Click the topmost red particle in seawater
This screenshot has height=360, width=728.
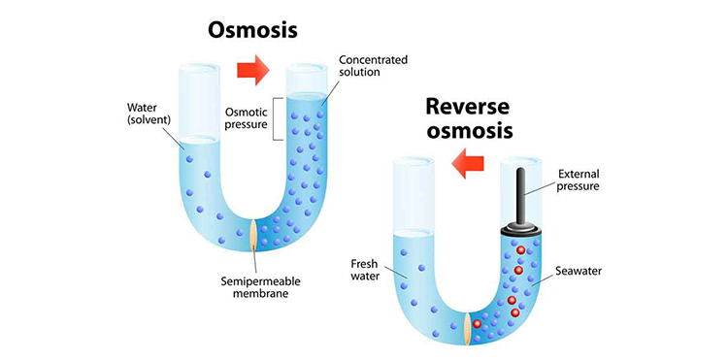520,250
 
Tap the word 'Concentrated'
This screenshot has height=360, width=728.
374,60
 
